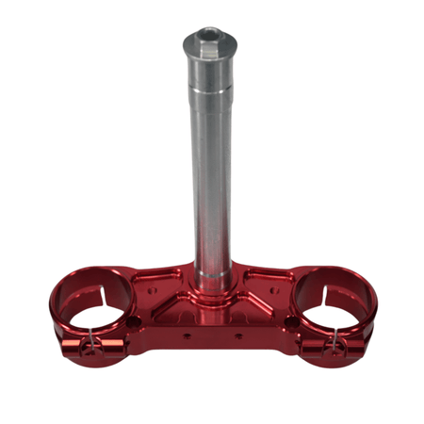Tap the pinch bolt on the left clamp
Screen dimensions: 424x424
[90, 346]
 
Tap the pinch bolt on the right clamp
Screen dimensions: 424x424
[333, 346]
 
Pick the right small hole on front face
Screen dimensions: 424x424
[236, 333]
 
